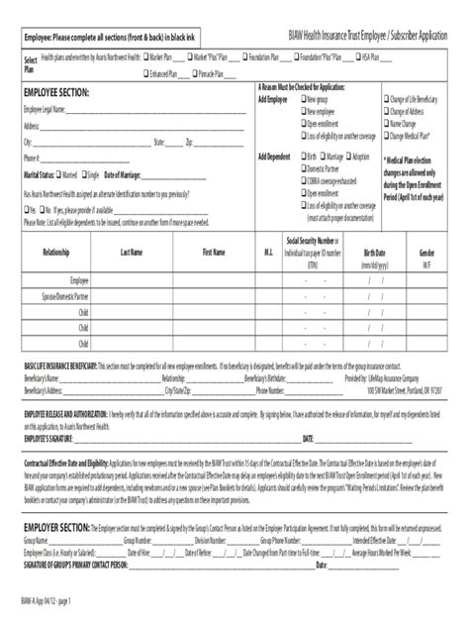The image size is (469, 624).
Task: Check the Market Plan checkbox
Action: coord(146,57)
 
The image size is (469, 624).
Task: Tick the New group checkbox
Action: coord(301,100)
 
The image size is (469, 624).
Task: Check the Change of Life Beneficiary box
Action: coord(389,100)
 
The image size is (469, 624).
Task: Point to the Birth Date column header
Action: coord(375,253)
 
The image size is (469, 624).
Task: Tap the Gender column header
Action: coord(427,253)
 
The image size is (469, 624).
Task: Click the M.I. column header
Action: coord(268,253)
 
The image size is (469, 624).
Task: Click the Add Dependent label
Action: coord(275,156)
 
